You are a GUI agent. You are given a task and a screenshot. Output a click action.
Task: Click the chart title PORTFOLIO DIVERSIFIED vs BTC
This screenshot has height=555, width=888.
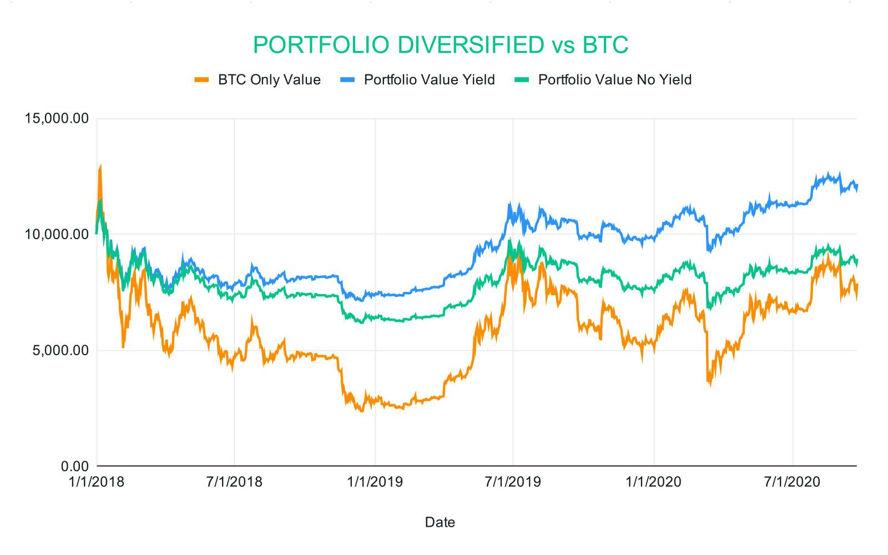tap(440, 45)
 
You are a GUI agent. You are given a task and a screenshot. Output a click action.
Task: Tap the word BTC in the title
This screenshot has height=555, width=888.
tap(606, 45)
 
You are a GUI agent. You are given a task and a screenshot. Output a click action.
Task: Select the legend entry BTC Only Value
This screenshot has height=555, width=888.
tap(269, 80)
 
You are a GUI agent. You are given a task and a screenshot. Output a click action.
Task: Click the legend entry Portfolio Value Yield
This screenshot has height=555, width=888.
tap(429, 80)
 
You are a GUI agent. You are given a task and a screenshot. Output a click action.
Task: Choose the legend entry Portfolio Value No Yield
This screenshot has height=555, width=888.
tap(615, 80)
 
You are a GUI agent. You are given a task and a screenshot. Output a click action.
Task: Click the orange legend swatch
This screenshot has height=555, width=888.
tap(202, 80)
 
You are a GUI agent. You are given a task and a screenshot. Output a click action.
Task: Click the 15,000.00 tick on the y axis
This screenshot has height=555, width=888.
tap(54, 119)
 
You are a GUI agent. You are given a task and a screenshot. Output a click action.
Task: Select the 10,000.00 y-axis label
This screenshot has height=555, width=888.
tap(54, 234)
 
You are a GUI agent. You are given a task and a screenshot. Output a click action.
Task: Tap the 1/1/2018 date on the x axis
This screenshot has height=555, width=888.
tap(97, 482)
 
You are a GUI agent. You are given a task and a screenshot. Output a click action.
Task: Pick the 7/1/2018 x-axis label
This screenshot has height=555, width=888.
tap(234, 482)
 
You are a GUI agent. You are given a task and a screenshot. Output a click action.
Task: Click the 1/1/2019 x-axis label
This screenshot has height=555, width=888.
tap(375, 482)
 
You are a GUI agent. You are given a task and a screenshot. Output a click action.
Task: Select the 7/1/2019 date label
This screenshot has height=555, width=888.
tap(513, 482)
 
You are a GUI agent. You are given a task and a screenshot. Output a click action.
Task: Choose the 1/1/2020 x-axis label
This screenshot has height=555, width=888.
tap(654, 482)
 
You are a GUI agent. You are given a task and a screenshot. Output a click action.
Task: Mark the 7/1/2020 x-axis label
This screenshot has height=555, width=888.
tap(793, 482)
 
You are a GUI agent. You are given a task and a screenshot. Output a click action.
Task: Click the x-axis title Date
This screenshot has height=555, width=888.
tap(440, 522)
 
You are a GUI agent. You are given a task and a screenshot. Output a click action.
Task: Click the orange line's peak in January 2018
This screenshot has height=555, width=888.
tap(100, 166)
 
